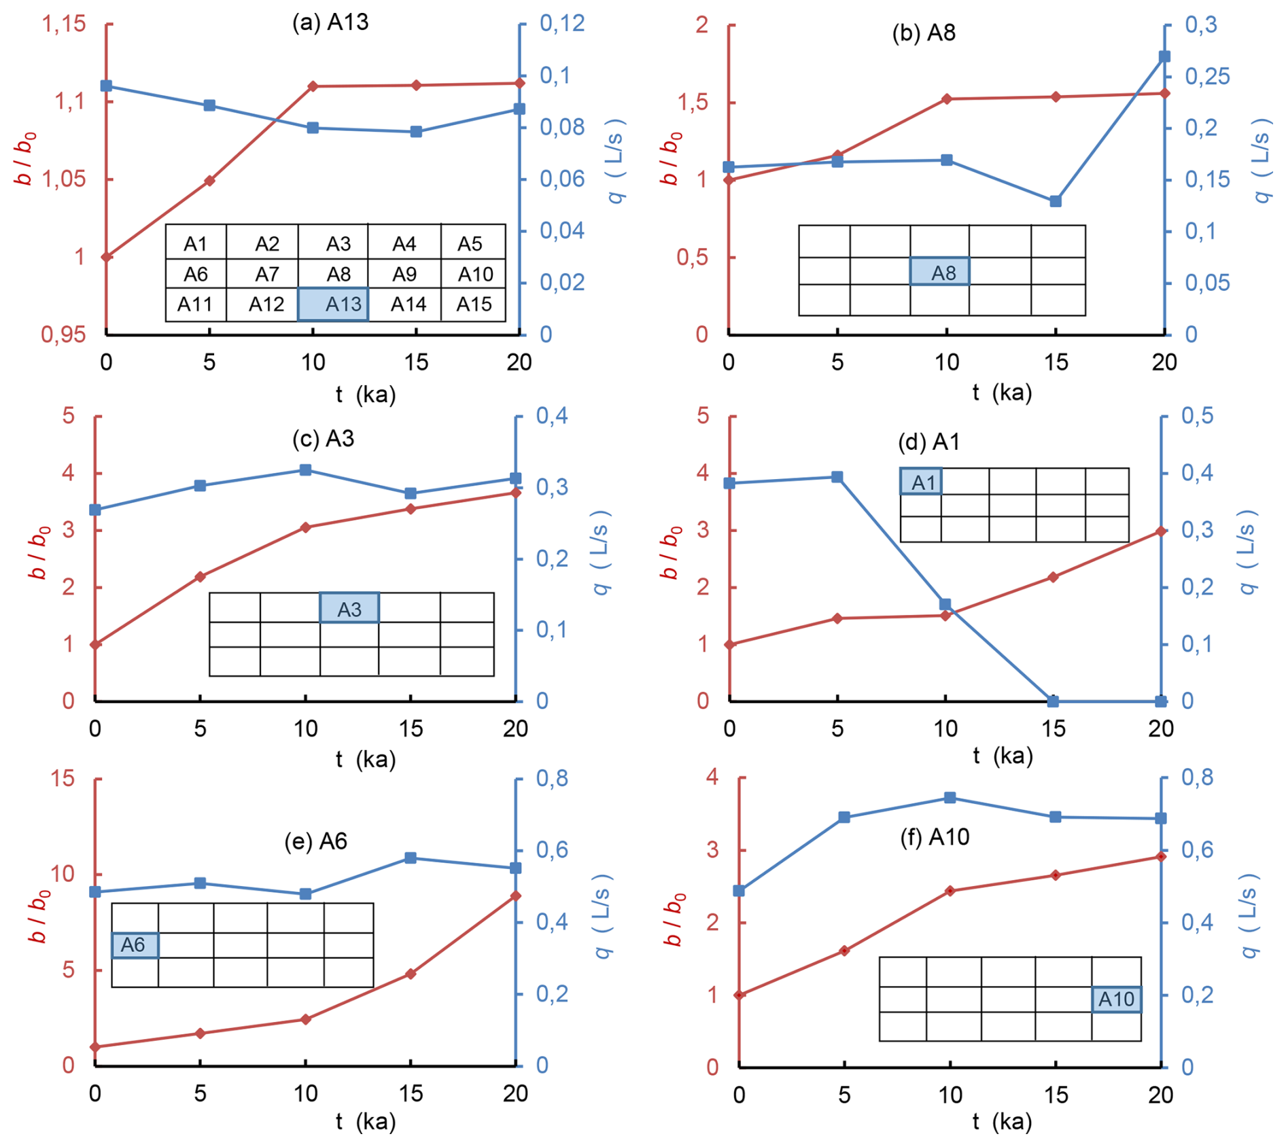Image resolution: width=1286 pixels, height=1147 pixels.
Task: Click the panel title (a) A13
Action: click(x=330, y=22)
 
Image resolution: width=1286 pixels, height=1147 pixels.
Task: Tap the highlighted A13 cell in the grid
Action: click(x=334, y=304)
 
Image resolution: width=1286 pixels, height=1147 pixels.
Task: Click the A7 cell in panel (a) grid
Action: click(x=267, y=274)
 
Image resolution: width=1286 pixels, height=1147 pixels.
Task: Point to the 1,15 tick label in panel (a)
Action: click(x=64, y=24)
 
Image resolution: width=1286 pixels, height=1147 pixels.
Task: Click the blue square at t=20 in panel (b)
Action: click(x=1164, y=56)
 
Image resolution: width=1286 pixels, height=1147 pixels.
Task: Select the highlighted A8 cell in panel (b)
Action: click(x=940, y=272)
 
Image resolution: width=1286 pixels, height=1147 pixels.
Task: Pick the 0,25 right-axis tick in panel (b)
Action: click(x=1207, y=76)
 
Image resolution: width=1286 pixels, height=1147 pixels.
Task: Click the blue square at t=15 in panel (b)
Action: click(x=1056, y=201)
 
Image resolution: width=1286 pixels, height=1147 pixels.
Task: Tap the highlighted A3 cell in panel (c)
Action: click(x=349, y=608)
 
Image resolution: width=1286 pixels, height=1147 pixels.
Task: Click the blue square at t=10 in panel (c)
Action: click(x=306, y=470)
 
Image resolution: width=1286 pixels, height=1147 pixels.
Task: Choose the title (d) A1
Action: click(x=928, y=442)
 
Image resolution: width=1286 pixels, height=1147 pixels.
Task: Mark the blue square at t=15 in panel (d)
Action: click(x=1053, y=701)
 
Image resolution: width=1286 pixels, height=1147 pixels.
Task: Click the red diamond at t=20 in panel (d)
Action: click(x=1161, y=531)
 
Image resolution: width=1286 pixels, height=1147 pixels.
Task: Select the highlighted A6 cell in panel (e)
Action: click(x=135, y=945)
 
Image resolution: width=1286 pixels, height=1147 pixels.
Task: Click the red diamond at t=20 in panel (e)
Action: click(x=516, y=896)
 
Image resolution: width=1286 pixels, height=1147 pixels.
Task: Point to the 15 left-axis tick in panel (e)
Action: click(x=63, y=779)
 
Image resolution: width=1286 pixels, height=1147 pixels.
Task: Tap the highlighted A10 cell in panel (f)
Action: click(x=1117, y=999)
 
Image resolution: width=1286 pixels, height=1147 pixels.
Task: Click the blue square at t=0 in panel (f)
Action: click(x=740, y=891)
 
